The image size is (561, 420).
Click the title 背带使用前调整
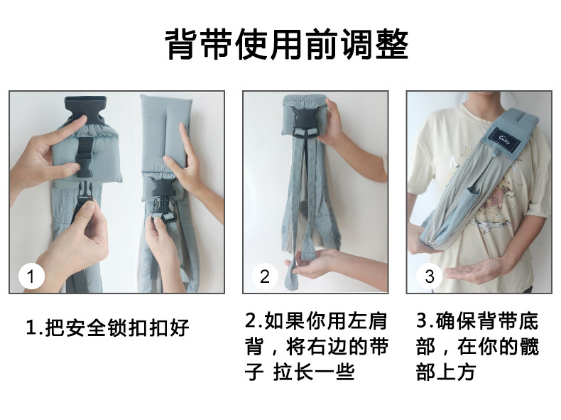point(287,45)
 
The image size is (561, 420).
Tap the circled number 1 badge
point(31,276)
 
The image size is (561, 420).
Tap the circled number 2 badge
point(264,276)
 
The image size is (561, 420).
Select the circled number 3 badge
point(429,276)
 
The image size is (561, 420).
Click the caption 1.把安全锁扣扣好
point(107,328)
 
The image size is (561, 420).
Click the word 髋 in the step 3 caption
point(529,347)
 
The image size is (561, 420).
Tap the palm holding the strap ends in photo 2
point(312,264)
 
